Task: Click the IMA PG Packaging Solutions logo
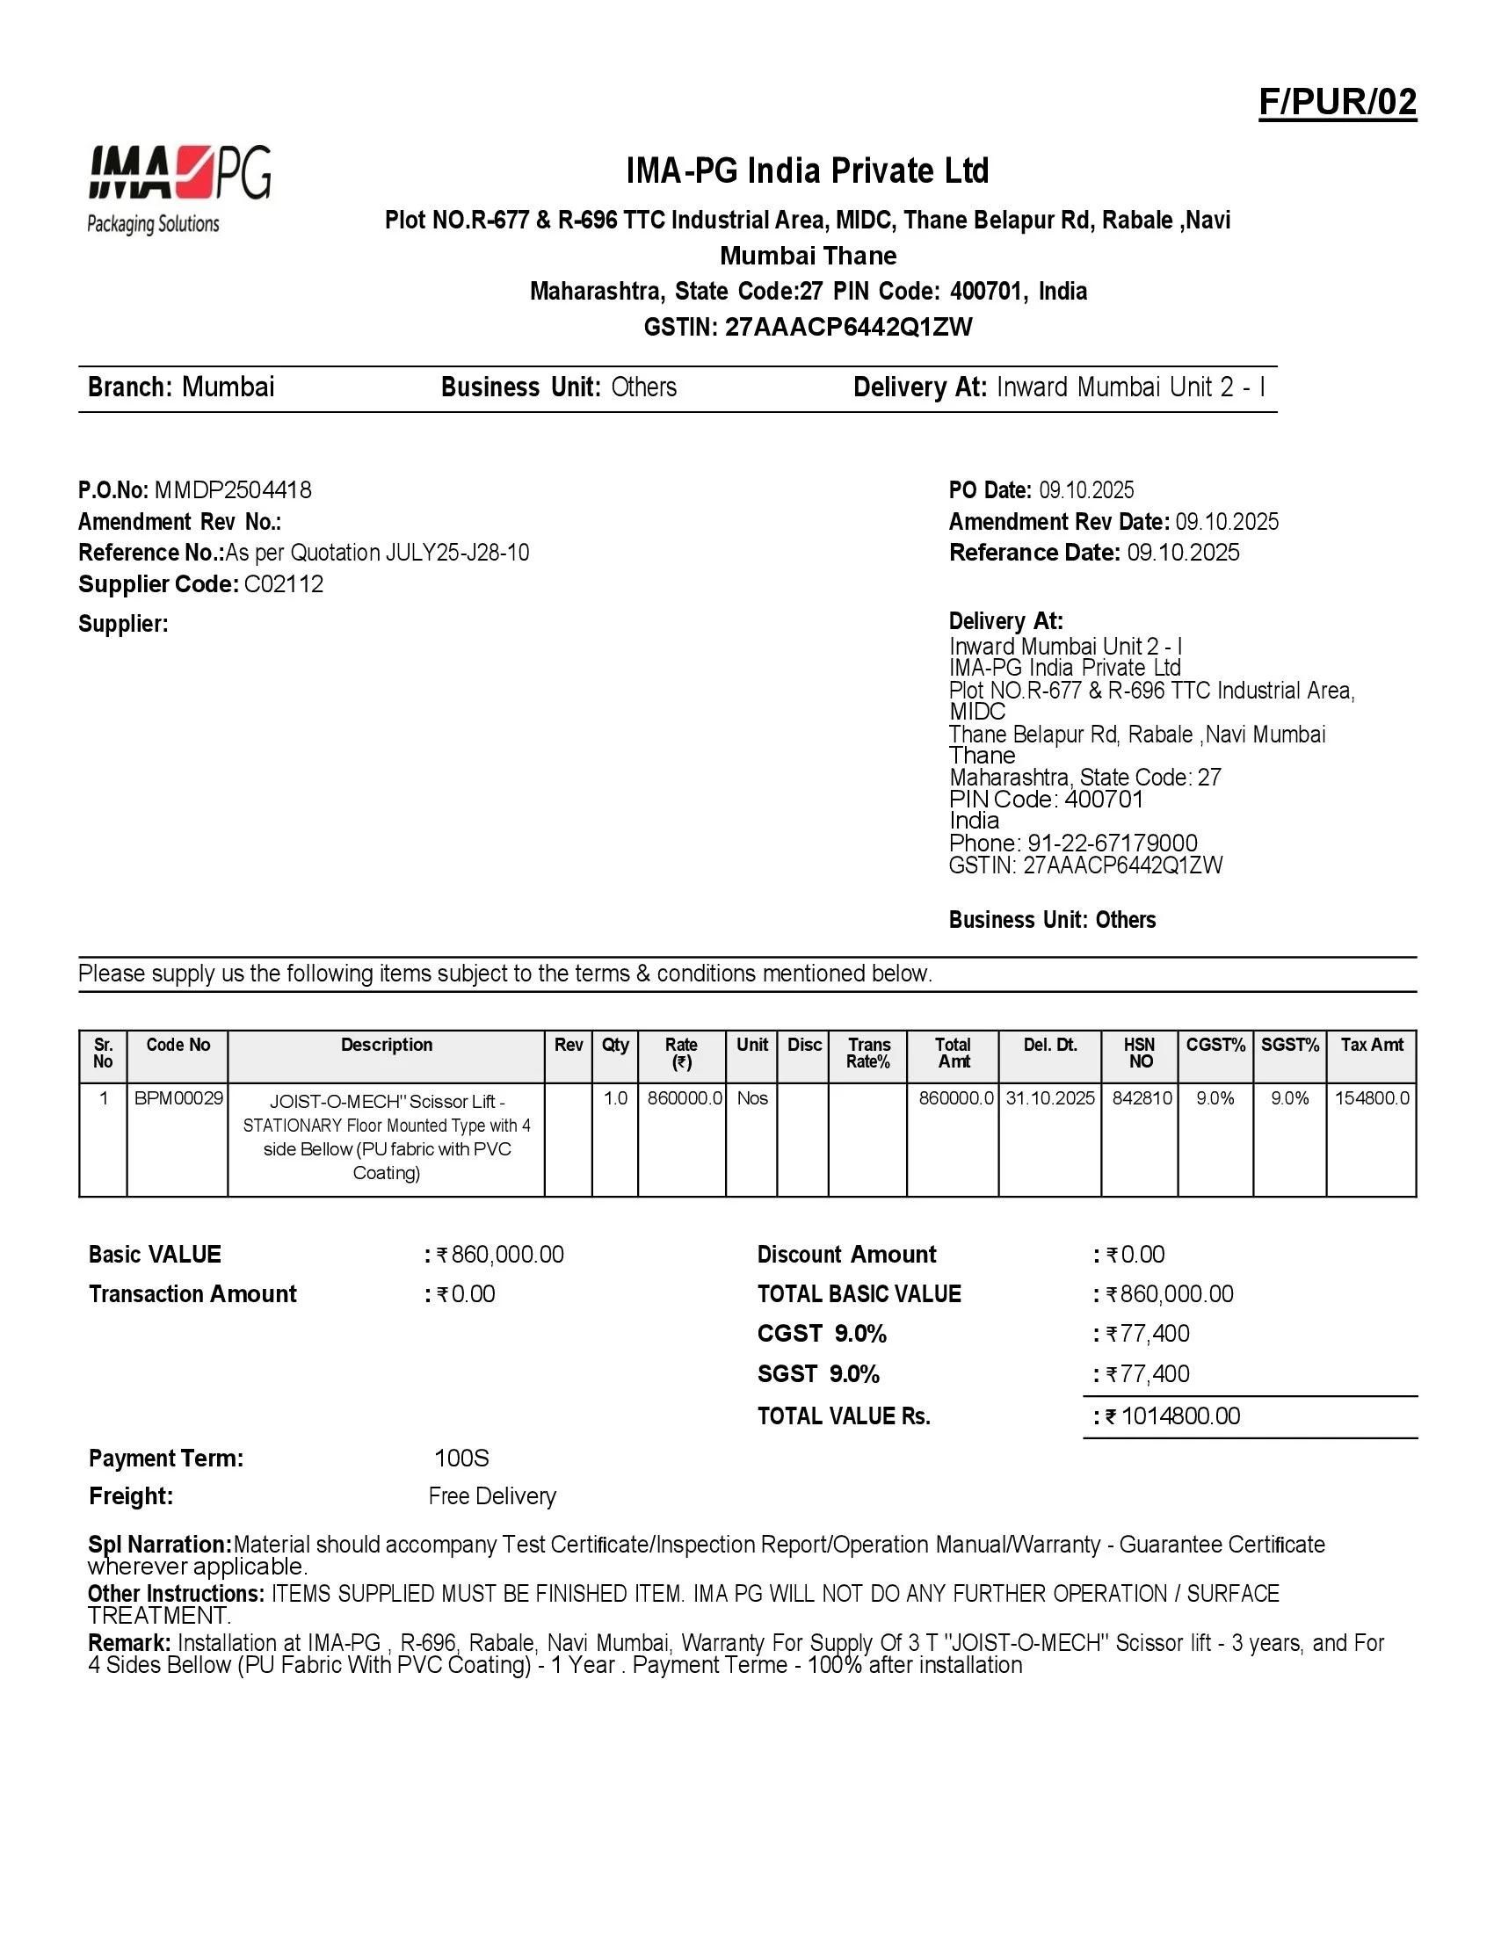point(179,190)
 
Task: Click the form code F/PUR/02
point(1337,103)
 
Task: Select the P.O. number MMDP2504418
point(233,490)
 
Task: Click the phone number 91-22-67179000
point(1112,843)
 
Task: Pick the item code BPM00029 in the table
point(178,1098)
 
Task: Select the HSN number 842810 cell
point(1142,1098)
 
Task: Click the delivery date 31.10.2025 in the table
point(1049,1098)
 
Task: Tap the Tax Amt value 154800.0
point(1372,1098)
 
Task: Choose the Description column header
point(387,1046)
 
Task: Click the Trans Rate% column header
point(868,1053)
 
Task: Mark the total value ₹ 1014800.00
point(1179,1416)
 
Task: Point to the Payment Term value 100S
point(461,1458)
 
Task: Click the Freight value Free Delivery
point(492,1495)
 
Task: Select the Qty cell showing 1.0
point(615,1098)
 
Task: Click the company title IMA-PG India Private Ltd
point(807,170)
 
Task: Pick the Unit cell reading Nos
point(752,1098)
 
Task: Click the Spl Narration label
point(159,1545)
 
